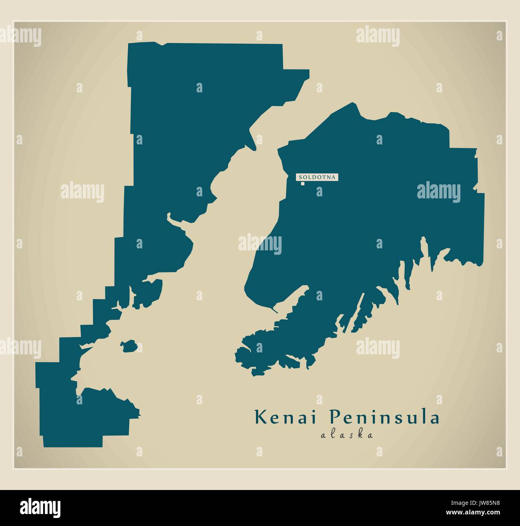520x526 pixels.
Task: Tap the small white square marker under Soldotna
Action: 303,184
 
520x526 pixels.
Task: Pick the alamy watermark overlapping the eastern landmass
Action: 438,192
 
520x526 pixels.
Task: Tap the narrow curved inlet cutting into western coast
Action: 176,222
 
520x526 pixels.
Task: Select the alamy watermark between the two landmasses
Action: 260,242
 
